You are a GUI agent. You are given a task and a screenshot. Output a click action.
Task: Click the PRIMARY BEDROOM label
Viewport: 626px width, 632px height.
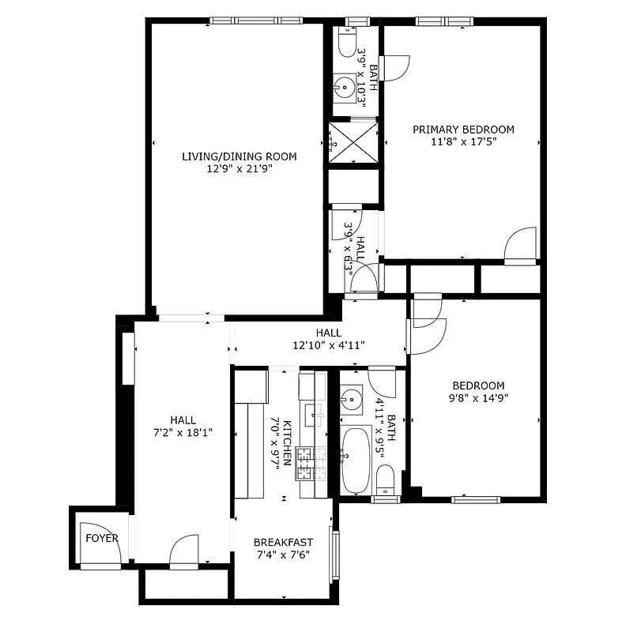click(462, 130)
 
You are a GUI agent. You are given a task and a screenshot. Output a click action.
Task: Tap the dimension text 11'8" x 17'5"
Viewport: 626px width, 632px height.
click(462, 142)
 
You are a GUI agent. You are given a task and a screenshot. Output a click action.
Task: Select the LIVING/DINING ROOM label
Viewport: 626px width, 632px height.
click(239, 156)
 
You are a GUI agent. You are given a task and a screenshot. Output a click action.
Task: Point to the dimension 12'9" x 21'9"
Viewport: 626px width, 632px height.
click(239, 169)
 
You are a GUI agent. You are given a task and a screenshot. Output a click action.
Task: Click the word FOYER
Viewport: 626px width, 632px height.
click(102, 539)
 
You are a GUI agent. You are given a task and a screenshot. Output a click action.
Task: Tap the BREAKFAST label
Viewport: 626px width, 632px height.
click(283, 542)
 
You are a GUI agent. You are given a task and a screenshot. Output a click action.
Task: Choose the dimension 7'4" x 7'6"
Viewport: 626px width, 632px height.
click(283, 555)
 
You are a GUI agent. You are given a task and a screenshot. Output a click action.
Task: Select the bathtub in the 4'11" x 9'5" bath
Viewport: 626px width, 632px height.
click(356, 460)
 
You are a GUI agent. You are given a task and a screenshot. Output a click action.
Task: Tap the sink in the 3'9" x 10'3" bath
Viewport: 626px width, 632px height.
click(345, 86)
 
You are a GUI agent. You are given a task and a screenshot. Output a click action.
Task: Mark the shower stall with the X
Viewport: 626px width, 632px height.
click(353, 144)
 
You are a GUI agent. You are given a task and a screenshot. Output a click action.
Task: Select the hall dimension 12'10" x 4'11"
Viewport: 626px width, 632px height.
click(328, 345)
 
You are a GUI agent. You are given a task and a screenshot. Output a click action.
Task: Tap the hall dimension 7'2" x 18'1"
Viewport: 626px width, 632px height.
click(183, 433)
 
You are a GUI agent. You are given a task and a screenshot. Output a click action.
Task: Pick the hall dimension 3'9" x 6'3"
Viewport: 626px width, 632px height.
click(349, 243)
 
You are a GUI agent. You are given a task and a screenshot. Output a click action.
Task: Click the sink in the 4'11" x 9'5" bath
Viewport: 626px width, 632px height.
click(351, 397)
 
